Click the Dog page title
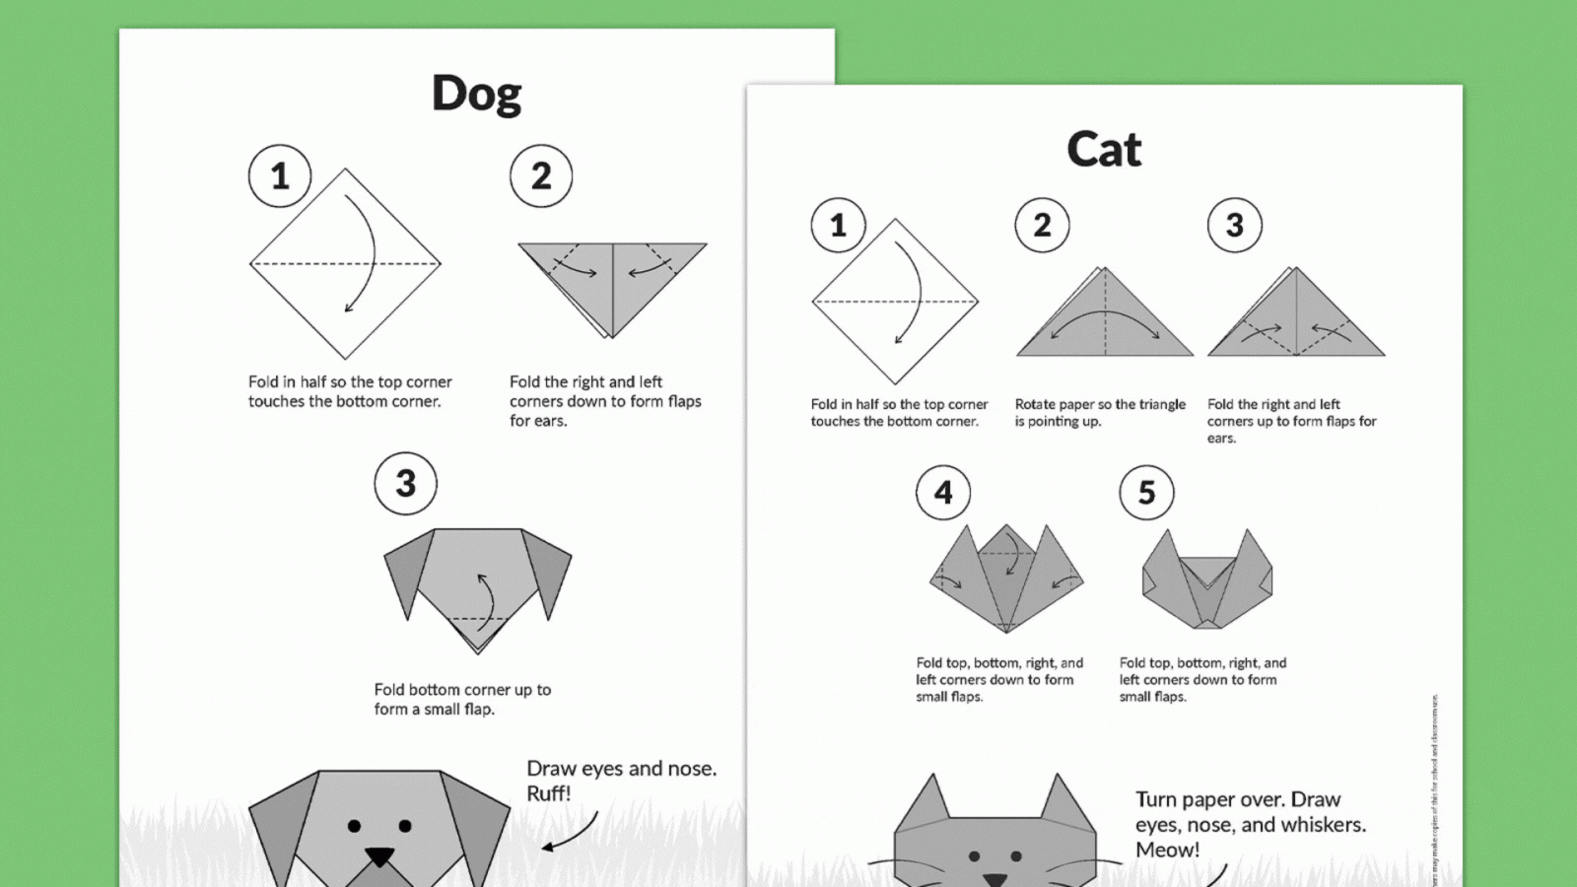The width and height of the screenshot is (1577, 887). click(x=476, y=95)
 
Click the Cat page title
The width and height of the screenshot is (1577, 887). click(x=1103, y=150)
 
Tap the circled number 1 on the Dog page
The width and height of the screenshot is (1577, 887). click(x=280, y=176)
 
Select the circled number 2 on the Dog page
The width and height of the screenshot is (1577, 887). click(x=541, y=176)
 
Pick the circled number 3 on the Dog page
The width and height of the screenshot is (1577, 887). click(x=405, y=484)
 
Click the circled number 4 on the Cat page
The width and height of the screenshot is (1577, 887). click(x=943, y=493)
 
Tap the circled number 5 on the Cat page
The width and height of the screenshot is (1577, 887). click(x=1146, y=493)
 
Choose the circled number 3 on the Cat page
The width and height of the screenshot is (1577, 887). click(x=1234, y=226)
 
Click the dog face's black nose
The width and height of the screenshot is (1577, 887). click(x=379, y=855)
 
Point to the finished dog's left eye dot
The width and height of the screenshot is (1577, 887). click(x=354, y=826)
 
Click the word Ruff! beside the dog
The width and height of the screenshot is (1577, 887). click(x=549, y=794)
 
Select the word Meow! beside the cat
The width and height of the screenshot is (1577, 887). click(x=1167, y=851)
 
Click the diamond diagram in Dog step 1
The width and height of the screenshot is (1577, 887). click(x=345, y=263)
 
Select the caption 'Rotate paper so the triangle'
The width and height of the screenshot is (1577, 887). click(x=1100, y=404)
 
